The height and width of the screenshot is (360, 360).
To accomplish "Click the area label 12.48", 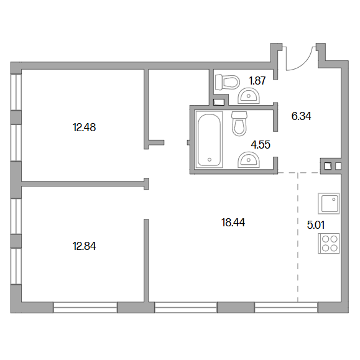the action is [x=84, y=127].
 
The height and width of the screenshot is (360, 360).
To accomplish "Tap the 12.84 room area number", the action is [x=84, y=246].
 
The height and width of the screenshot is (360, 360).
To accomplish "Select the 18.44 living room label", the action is [x=233, y=223].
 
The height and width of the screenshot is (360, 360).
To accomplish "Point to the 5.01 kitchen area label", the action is [x=316, y=225].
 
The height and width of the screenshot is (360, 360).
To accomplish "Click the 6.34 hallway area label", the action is [x=301, y=116].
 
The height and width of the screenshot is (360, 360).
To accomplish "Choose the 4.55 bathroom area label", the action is [x=261, y=145].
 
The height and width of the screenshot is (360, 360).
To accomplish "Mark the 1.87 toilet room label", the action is [x=257, y=81].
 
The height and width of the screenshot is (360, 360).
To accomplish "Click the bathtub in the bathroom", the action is [x=209, y=140].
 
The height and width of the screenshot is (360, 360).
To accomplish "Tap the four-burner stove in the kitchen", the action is [x=328, y=243].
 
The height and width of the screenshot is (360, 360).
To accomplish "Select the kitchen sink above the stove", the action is [x=328, y=203].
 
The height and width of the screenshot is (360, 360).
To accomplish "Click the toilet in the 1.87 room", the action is [x=228, y=82].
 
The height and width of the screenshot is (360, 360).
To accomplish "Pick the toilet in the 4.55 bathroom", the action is [x=239, y=124].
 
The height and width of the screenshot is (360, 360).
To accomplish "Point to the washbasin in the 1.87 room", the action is [x=249, y=96].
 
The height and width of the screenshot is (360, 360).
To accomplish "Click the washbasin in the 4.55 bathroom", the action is [x=249, y=159].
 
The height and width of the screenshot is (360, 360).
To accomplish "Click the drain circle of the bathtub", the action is [x=209, y=160].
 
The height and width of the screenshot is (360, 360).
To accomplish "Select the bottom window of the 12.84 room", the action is [x=85, y=307].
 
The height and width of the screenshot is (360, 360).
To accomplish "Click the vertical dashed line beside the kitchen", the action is [x=298, y=237].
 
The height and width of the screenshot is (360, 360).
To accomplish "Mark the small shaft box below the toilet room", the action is [x=219, y=102].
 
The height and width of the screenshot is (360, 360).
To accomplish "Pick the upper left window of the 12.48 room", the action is [x=16, y=92].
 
